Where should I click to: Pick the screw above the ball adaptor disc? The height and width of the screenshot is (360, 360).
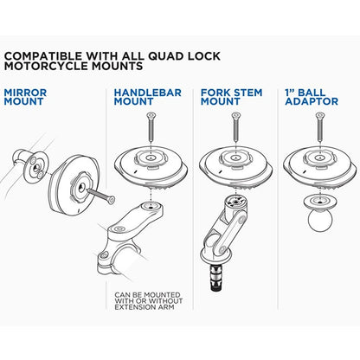(318, 130)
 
